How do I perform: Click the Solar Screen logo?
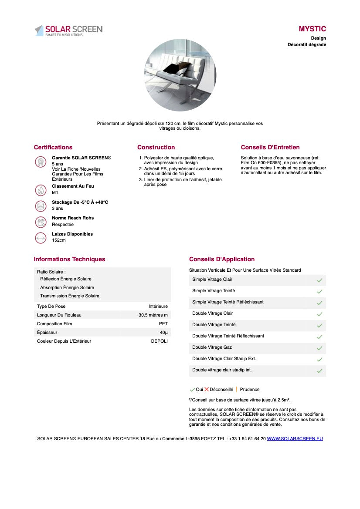pyautogui.click(x=68, y=30)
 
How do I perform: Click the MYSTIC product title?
pyautogui.click(x=312, y=29)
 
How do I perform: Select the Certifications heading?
pyautogui.click(x=53, y=147)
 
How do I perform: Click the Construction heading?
pyautogui.click(x=156, y=147)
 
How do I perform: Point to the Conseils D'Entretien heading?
pyautogui.click(x=270, y=147)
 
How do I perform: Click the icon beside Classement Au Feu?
pyautogui.click(x=41, y=190)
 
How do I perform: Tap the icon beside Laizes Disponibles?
pyautogui.click(x=41, y=238)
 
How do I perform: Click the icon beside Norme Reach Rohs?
pyautogui.click(x=41, y=222)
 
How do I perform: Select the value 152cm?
pyautogui.click(x=59, y=240)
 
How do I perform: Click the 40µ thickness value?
pyautogui.click(x=163, y=332)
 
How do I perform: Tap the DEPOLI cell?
pyautogui.click(x=159, y=341)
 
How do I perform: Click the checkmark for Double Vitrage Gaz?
pyautogui.click(x=319, y=348)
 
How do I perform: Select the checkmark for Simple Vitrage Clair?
pyautogui.click(x=319, y=280)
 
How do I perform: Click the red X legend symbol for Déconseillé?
pyautogui.click(x=207, y=389)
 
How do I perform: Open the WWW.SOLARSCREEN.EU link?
pyautogui.click(x=295, y=438)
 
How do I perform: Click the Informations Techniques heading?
pyautogui.click(x=70, y=259)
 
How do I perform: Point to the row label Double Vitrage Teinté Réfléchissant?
pyautogui.click(x=228, y=336)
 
